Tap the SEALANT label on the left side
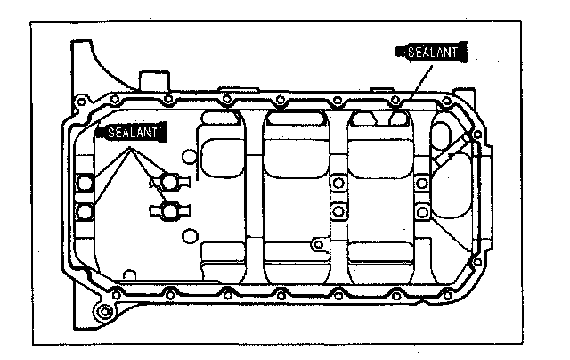[x=131, y=132]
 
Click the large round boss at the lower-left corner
[x=106, y=312]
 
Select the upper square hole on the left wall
[x=86, y=184]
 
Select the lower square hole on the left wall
[x=86, y=211]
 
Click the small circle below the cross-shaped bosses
[x=189, y=236]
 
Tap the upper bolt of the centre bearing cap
[x=338, y=184]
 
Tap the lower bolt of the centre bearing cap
[x=338, y=211]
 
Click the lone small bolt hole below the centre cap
[x=318, y=242]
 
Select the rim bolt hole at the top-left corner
[x=83, y=101]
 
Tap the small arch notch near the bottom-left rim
[x=130, y=274]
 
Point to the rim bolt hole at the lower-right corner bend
[x=475, y=260]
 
